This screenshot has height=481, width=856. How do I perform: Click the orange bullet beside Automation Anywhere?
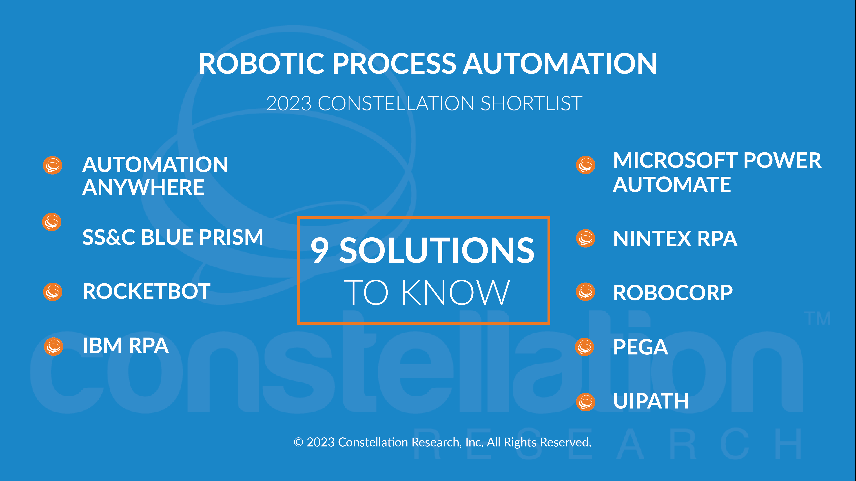53,165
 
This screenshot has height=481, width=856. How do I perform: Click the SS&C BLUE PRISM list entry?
173,237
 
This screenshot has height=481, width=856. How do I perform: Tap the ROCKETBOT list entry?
147,291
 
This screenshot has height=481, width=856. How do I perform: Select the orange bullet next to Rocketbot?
53,292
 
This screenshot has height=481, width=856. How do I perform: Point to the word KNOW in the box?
455,292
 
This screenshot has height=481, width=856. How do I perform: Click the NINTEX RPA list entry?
675,239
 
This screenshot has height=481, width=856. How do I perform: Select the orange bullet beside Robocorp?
586,292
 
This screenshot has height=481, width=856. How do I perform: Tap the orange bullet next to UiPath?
586,402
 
